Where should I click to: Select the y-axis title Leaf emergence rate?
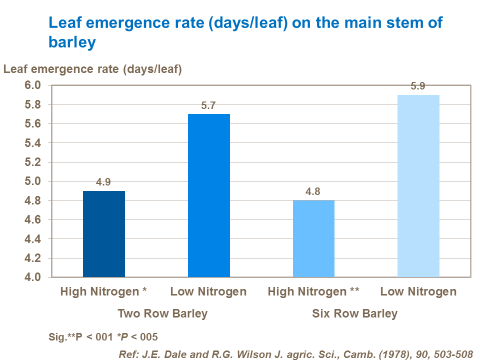[92, 69]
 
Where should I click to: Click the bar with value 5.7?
[209, 195]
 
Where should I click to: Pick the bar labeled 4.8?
[313, 238]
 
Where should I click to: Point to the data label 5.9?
[418, 86]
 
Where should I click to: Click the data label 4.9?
[103, 182]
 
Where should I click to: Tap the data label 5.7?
[208, 105]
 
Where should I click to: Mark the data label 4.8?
[313, 191]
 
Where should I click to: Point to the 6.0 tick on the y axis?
[32, 85]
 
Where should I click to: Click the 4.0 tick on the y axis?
[32, 277]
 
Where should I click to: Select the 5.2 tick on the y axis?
[32, 162]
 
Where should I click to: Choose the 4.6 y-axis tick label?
[32, 220]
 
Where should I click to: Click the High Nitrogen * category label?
[103, 291]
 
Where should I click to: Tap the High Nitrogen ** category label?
[313, 291]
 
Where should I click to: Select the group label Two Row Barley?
[162, 314]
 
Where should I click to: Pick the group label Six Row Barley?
[355, 314]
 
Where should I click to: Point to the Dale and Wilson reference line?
[295, 353]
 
